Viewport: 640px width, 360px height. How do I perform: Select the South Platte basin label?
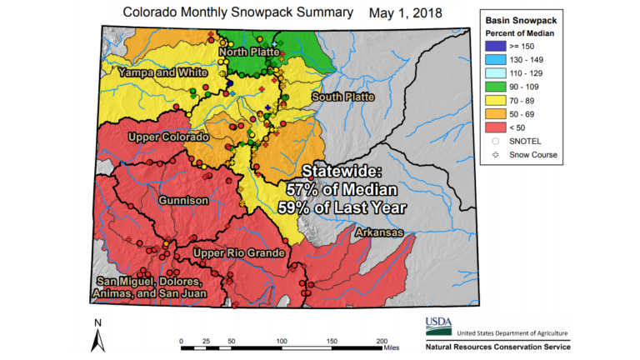(343, 97)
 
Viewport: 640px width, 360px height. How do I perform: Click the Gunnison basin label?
(182, 201)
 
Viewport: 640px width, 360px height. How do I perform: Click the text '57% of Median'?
(349, 188)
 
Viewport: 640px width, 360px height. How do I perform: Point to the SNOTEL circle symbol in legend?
(498, 141)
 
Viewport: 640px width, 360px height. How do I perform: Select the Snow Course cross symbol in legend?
(498, 154)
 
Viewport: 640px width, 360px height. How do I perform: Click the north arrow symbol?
(97, 337)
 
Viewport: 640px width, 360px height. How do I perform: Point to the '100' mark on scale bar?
(282, 341)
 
